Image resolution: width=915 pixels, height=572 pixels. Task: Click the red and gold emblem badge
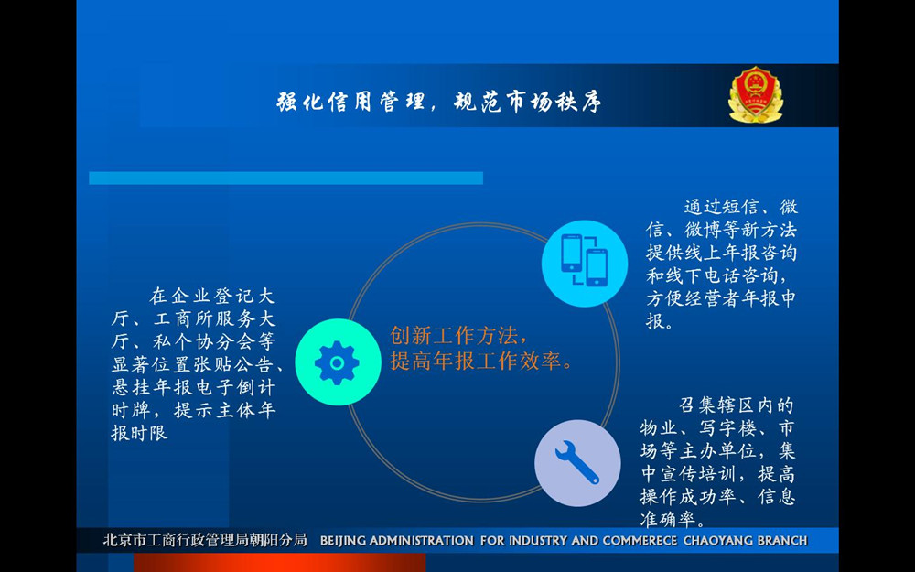[x=756, y=94]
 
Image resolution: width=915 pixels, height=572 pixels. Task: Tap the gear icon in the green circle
[x=337, y=363]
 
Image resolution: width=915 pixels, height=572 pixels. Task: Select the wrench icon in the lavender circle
[x=577, y=462]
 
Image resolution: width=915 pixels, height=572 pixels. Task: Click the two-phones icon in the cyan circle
[x=584, y=260]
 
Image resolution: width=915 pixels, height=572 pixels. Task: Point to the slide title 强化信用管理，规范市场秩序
[x=439, y=103]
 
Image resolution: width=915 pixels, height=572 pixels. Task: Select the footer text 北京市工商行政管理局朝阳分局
[x=205, y=541]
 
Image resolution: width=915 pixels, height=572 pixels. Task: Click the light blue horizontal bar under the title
[x=285, y=178]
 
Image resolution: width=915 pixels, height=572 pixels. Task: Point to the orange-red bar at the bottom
[x=279, y=563]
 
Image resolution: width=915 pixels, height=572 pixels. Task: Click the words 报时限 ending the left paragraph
[x=139, y=433]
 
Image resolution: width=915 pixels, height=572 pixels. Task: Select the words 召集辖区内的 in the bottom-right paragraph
[x=737, y=405]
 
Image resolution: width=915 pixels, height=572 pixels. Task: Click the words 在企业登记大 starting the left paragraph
[x=212, y=296]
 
